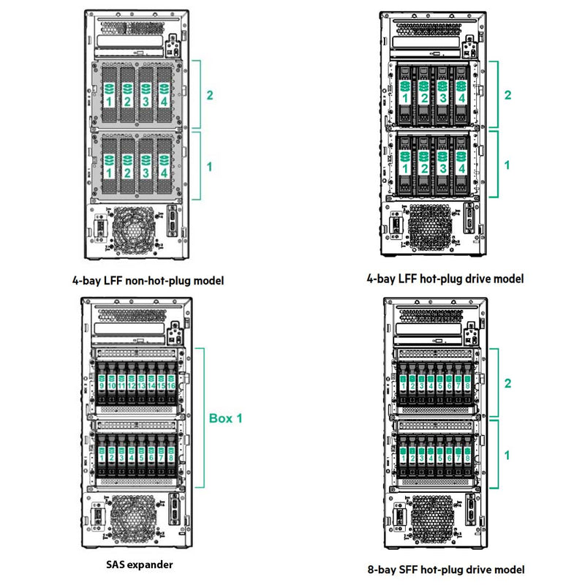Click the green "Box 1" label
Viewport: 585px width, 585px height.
(x=226, y=418)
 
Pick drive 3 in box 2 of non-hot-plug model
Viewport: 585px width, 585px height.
(x=145, y=95)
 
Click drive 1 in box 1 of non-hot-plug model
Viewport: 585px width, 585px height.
(x=109, y=167)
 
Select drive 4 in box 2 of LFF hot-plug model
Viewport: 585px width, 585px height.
(x=461, y=92)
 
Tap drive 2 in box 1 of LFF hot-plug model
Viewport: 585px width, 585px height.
(x=423, y=162)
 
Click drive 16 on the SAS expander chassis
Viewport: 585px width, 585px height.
(x=170, y=382)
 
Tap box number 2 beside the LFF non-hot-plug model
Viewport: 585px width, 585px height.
(x=210, y=95)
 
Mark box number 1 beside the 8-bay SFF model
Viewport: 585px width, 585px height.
(x=507, y=455)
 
